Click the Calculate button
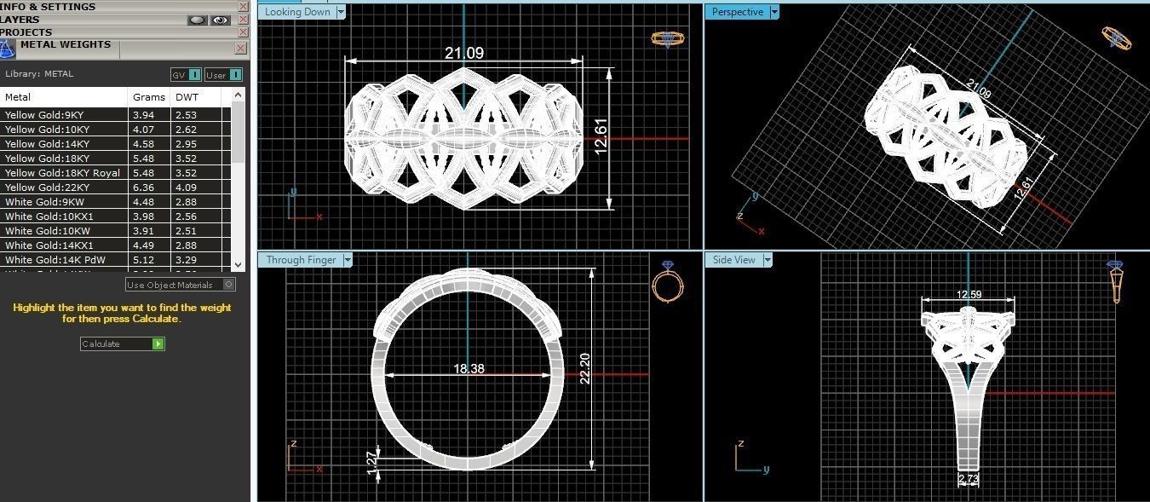(x=122, y=343)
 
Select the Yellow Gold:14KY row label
(x=47, y=144)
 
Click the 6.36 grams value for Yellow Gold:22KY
(x=143, y=188)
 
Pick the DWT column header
(x=187, y=97)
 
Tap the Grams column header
(x=149, y=97)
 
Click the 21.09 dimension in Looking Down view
(x=464, y=53)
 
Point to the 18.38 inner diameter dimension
(x=469, y=368)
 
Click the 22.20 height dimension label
(x=585, y=368)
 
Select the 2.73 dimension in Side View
(x=969, y=479)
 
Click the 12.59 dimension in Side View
(x=969, y=295)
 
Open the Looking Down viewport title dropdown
(x=341, y=12)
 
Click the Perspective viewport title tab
(x=737, y=12)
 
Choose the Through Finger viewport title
(x=301, y=260)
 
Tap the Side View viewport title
(x=733, y=260)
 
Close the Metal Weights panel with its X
(x=241, y=48)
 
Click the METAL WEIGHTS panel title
(x=66, y=44)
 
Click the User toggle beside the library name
(x=223, y=75)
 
